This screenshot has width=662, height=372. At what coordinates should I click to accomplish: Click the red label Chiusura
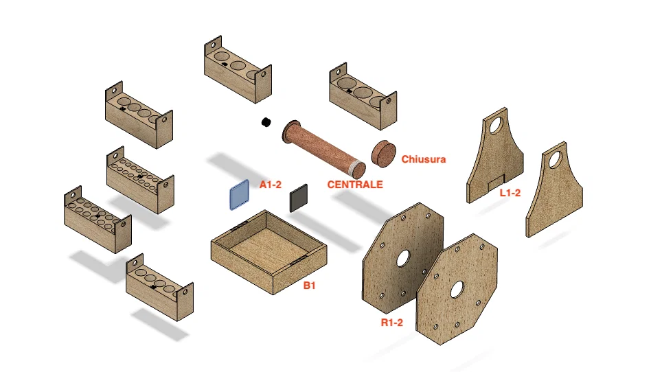pos(424,159)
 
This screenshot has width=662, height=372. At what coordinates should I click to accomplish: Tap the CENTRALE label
pos(355,185)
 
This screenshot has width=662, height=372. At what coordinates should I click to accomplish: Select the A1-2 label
pos(270,185)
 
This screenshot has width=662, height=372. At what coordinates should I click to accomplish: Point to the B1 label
pos(310,286)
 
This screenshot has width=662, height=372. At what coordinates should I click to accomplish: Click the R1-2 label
pos(392,323)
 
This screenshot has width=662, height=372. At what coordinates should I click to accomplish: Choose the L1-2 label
pos(510,193)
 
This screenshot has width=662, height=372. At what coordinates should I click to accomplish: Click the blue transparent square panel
pos(240,194)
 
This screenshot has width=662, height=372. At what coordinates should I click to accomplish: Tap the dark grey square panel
pos(299,198)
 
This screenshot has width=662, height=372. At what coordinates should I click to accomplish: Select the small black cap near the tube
pos(266,122)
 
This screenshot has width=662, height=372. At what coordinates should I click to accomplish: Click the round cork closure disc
pos(383,154)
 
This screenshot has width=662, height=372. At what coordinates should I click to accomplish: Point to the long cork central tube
pos(324,150)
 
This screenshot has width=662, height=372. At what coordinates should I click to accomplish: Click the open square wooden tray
pos(269,252)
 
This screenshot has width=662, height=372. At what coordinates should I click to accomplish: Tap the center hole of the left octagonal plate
pos(403,259)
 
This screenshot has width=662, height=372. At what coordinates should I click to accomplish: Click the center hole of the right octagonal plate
pos(457,290)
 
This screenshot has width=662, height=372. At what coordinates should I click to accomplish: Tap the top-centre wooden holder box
pos(238,69)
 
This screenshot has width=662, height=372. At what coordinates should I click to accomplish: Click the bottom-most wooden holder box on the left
pos(159,287)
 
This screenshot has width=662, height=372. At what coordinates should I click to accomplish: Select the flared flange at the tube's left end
pos(291,132)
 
